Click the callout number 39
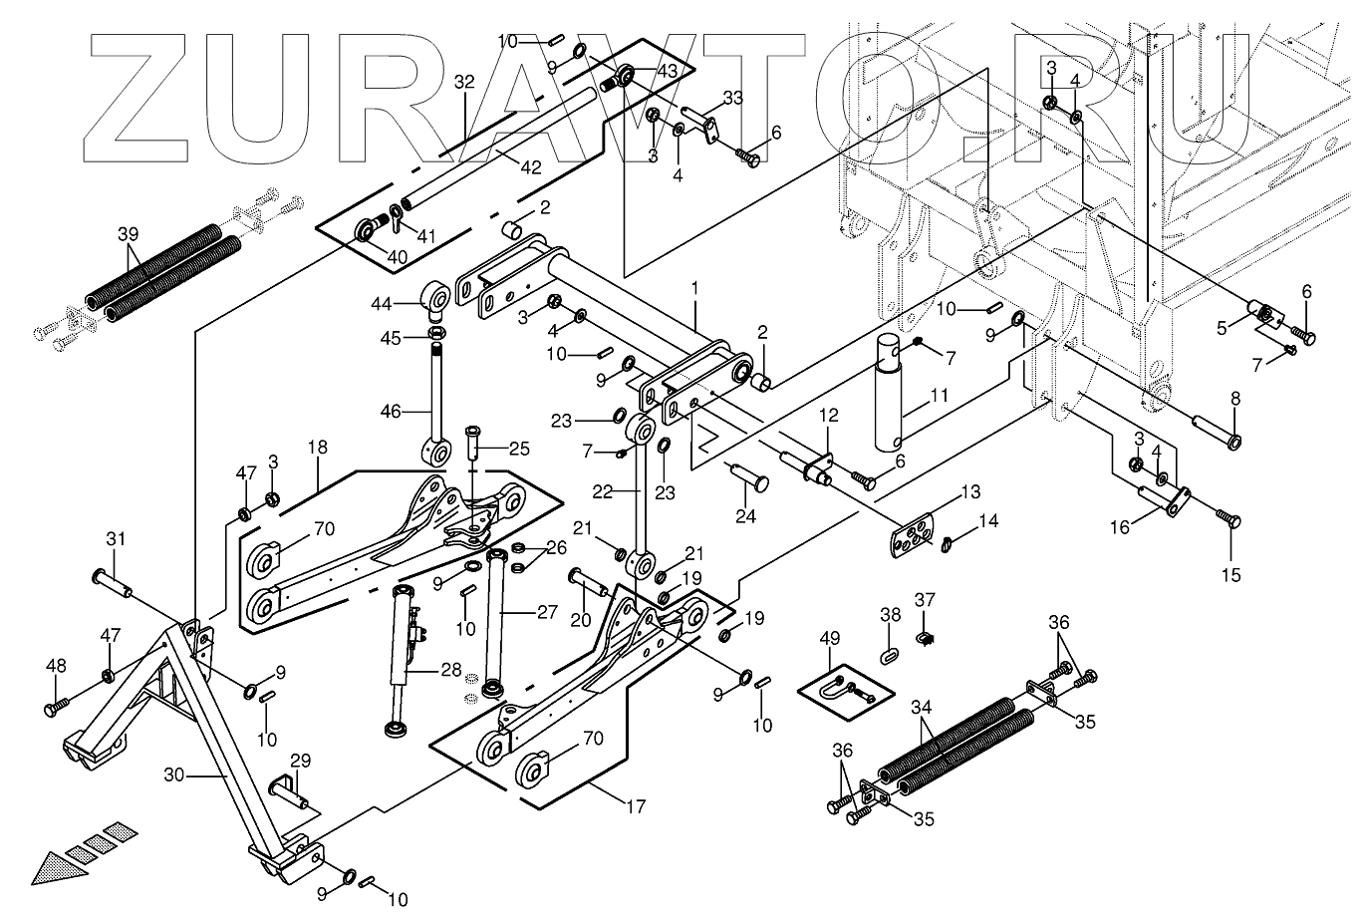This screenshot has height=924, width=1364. point(128,234)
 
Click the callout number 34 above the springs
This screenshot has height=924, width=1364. point(922,708)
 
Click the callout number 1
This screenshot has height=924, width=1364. point(694,287)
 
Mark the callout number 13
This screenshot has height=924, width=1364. point(970,491)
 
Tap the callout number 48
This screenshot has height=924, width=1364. point(56,665)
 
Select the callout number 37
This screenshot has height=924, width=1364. point(926,599)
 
